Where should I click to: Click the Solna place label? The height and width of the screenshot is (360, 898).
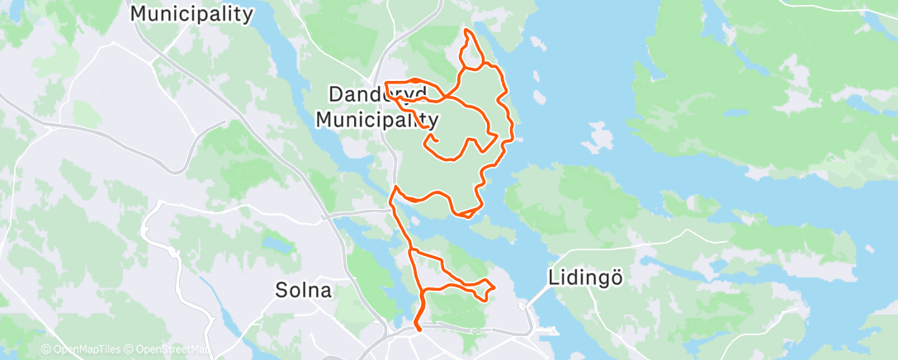coord(304,291)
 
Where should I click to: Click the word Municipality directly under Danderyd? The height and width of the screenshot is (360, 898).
coord(377,120)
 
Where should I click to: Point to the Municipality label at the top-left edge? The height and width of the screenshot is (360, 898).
coord(191,13)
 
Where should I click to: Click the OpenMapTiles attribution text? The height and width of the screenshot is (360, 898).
coord(90,350)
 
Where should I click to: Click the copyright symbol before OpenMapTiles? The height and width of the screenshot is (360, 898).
coord(45,350)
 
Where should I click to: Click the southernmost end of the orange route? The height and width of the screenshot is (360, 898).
coord(420,329)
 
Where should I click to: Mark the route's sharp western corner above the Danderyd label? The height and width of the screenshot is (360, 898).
coord(386,83)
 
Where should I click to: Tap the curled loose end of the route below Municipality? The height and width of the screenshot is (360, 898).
coord(430,142)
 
